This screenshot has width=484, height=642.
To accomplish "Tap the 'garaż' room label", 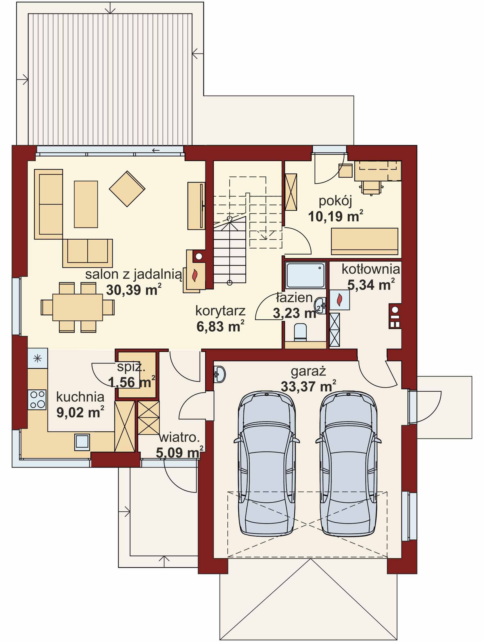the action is [x=308, y=372].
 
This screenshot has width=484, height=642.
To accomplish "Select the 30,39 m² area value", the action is [x=134, y=289].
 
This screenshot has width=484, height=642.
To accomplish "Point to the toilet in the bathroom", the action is [x=301, y=332].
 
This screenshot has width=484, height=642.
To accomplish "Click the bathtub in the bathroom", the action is [x=305, y=275].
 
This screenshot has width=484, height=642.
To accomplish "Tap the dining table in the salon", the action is [x=77, y=307].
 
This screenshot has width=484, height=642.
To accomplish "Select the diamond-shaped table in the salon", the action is [x=127, y=189].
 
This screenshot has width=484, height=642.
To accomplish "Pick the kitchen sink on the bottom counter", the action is [x=82, y=442].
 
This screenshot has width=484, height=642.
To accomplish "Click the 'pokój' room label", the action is [x=335, y=201].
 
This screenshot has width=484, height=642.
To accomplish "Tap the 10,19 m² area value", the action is [x=335, y=216].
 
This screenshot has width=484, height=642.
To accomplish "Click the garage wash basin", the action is [x=219, y=374].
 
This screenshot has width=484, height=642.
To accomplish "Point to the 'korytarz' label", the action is [x=220, y=311].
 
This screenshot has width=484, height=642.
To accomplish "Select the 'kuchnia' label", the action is [x=80, y=397].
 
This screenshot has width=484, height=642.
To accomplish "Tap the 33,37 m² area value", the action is [x=308, y=387].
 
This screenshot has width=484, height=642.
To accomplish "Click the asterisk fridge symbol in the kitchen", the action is [x=38, y=359].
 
